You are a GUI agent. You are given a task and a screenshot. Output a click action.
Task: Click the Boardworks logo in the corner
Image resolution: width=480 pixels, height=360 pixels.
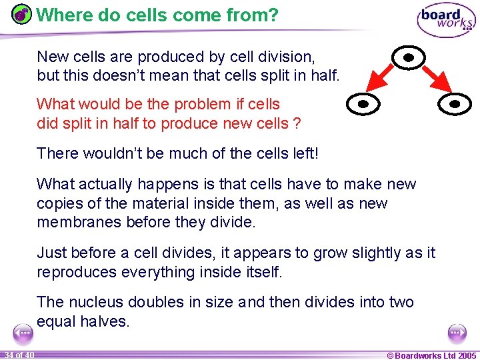(446, 20)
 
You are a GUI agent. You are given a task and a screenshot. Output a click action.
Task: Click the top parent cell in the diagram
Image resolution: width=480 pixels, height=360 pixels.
(410, 58)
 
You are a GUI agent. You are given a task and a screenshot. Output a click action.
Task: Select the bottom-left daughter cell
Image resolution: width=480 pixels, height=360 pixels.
(363, 104)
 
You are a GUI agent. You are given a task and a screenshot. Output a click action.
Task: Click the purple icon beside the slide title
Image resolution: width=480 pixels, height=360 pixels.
(22, 15)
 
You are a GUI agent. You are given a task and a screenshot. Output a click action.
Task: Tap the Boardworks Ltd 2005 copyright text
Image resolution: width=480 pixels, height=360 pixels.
(431, 355)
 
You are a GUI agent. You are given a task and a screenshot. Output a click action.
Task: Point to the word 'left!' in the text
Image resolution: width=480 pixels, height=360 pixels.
(302, 153)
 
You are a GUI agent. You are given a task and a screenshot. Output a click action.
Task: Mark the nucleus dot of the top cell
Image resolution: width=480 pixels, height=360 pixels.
(410, 58)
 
